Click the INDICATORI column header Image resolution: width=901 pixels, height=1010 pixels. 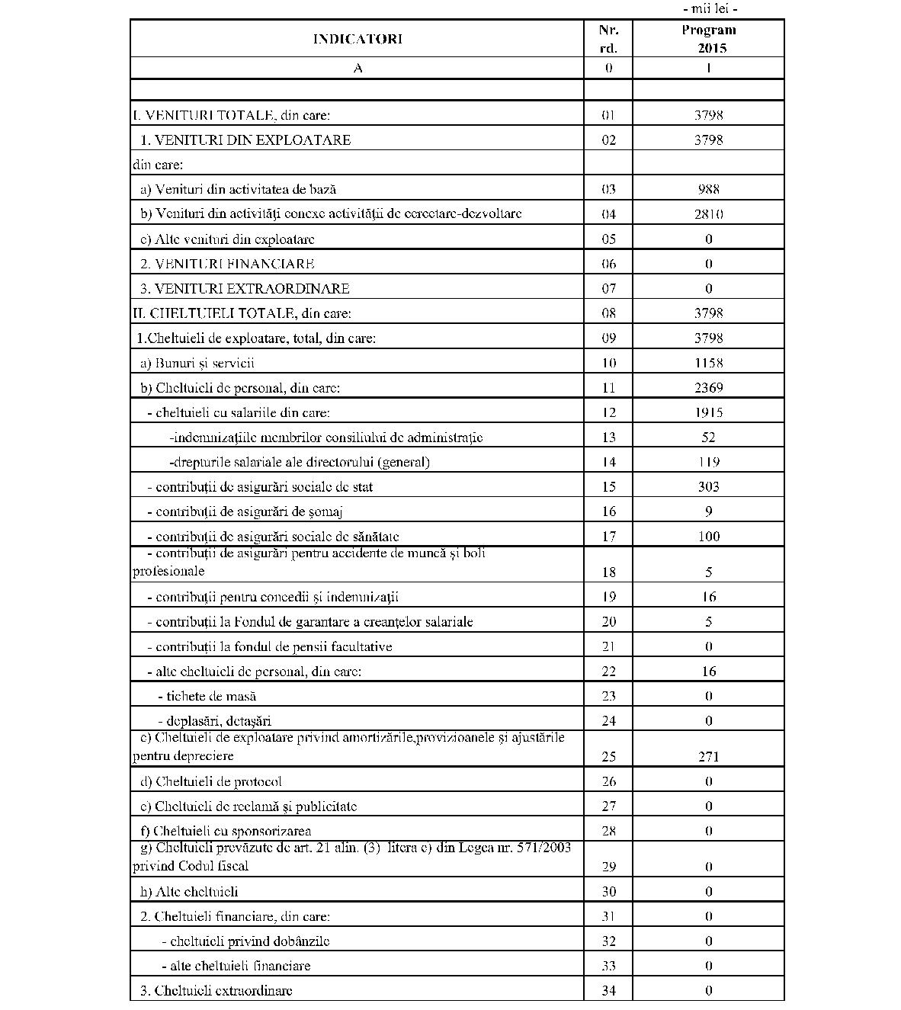pyautogui.click(x=357, y=39)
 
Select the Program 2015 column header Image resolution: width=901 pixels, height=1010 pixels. pyautogui.click(x=708, y=39)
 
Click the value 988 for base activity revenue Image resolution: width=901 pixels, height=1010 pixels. pyautogui.click(x=708, y=189)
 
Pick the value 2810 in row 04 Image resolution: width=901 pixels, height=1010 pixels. pyautogui.click(x=708, y=214)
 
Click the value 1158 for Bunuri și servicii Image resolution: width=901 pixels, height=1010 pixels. pyautogui.click(x=708, y=363)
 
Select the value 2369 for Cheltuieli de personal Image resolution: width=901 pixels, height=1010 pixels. pyautogui.click(x=708, y=387)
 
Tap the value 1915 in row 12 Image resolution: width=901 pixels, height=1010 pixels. pyautogui.click(x=708, y=412)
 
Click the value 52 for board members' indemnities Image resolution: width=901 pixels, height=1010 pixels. pyautogui.click(x=708, y=438)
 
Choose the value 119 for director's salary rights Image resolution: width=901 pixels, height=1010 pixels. pyautogui.click(x=708, y=462)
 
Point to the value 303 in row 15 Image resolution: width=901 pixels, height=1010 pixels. pyautogui.click(x=708, y=487)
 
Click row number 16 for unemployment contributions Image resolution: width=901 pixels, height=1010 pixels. pyautogui.click(x=608, y=511)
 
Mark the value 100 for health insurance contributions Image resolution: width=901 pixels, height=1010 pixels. pyautogui.click(x=708, y=537)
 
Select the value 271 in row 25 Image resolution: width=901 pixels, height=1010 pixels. pyautogui.click(x=708, y=757)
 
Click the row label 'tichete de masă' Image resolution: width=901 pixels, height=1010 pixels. pyautogui.click(x=207, y=696)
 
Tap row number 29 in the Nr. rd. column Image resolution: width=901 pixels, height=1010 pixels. pyautogui.click(x=608, y=867)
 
